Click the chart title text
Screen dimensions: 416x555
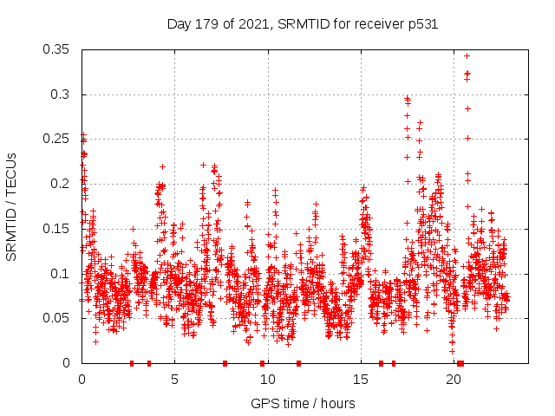point(302,24)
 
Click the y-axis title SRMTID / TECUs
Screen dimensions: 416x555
point(11,206)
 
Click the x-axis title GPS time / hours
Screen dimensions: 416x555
point(303,403)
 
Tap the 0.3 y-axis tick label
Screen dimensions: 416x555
point(62,94)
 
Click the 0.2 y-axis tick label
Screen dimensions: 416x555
point(62,184)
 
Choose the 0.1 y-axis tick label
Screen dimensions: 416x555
point(62,274)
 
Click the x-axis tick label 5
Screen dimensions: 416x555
point(174,380)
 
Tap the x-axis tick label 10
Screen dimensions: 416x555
point(267,380)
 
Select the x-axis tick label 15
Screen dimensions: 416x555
point(360,380)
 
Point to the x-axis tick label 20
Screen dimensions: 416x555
point(454,380)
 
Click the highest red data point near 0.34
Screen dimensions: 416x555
point(467,55)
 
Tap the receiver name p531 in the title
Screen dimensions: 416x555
point(423,24)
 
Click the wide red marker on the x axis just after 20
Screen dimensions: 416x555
point(460,363)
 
